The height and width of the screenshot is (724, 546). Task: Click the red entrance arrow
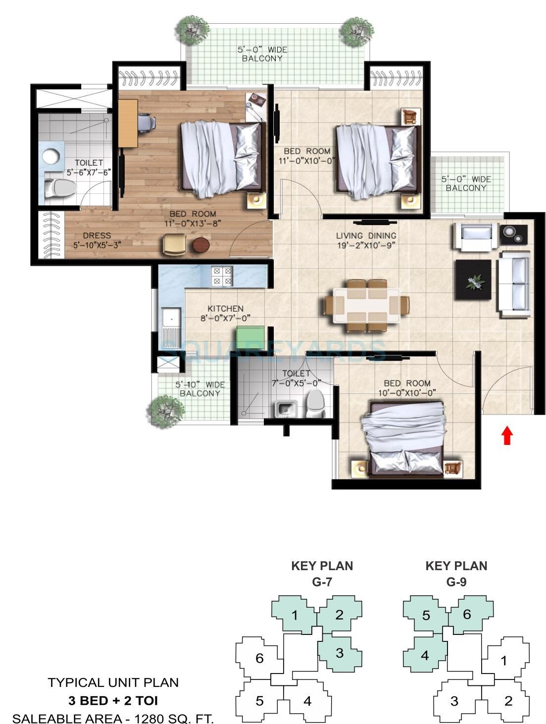(x=507, y=435)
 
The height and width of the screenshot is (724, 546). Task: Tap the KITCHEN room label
(x=225, y=308)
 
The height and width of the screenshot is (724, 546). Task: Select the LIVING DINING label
(x=366, y=236)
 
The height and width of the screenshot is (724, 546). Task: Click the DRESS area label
(x=97, y=236)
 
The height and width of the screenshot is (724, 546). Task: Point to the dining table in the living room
(x=367, y=306)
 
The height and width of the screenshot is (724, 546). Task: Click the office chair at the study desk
(x=146, y=122)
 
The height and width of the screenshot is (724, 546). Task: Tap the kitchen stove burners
(x=222, y=276)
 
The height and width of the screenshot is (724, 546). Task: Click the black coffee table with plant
(x=473, y=280)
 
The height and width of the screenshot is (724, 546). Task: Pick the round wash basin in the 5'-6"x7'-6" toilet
(x=50, y=156)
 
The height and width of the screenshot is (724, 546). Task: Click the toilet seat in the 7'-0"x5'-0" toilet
(x=315, y=403)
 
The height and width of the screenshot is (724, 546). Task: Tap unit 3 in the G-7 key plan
(x=340, y=653)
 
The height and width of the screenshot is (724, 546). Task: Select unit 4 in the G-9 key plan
(x=425, y=656)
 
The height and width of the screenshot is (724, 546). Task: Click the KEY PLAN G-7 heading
(x=322, y=573)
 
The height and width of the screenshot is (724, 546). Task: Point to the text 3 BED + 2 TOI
(x=113, y=700)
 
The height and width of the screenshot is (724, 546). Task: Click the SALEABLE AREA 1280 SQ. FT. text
(x=113, y=718)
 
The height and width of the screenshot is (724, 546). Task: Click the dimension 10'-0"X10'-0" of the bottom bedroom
(x=407, y=393)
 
